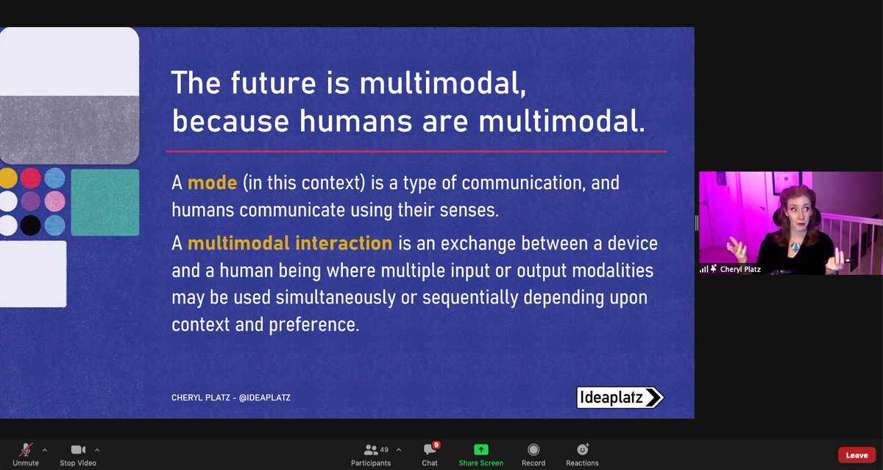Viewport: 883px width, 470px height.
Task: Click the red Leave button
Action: point(857,455)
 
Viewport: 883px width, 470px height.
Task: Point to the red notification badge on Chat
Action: point(436,444)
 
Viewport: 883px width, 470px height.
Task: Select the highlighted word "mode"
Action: point(210,182)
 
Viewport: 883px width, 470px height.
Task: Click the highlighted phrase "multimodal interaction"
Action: point(289,242)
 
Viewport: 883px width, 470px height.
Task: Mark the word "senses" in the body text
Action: point(466,209)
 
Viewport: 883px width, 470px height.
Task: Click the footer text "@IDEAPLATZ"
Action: point(269,398)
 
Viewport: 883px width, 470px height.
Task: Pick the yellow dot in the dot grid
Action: point(8,178)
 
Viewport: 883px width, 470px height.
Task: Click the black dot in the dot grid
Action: point(31,225)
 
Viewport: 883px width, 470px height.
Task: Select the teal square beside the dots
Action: point(104,202)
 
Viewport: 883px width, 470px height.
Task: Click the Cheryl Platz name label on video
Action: point(740,269)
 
